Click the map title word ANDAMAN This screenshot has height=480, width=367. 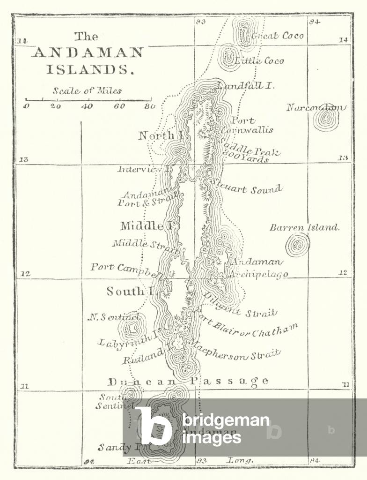(88, 52)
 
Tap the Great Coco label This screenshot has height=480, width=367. (278, 36)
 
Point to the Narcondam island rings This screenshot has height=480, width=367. (326, 119)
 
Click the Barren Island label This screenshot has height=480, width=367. (304, 228)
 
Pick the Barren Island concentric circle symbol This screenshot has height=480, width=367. (298, 245)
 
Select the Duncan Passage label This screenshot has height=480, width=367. (188, 381)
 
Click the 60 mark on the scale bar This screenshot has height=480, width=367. (119, 106)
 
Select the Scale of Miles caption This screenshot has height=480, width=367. (87, 91)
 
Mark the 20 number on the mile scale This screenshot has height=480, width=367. (55, 106)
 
